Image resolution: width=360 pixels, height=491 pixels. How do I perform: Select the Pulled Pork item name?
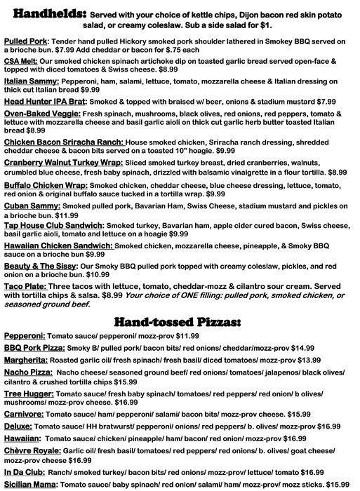tap(25, 42)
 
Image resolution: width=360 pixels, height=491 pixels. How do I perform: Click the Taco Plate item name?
tap(25, 287)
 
